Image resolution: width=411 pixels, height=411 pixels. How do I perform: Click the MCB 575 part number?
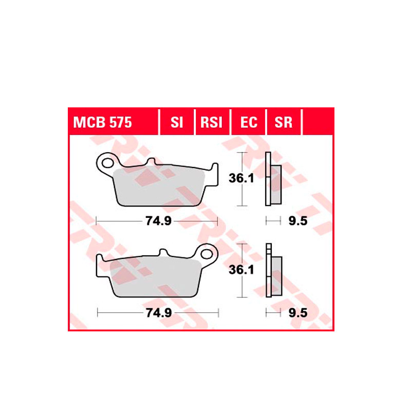(x=102, y=122)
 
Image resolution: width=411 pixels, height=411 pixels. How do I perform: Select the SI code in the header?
(x=177, y=122)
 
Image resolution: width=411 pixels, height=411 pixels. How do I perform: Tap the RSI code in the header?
(x=211, y=122)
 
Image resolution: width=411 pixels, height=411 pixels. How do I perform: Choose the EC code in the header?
(x=249, y=122)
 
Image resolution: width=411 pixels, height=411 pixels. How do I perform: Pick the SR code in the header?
(x=284, y=122)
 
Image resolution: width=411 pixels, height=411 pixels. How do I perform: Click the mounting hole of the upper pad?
(x=107, y=163)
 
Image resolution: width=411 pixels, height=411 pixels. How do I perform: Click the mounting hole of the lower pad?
(x=207, y=254)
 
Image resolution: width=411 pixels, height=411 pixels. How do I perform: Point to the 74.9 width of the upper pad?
(x=158, y=221)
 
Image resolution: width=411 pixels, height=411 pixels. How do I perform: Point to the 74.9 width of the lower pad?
(x=159, y=313)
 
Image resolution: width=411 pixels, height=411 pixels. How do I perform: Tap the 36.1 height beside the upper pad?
(x=241, y=178)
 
